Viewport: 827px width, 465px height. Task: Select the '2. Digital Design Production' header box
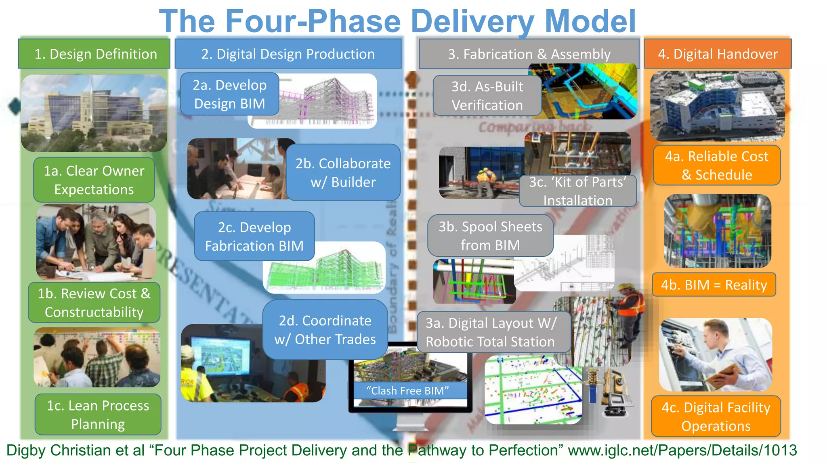pos(288,54)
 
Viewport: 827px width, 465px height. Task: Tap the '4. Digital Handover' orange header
pos(718,54)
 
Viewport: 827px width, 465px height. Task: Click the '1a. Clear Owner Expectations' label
pos(94,180)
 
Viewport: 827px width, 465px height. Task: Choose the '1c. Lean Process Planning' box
pos(98,415)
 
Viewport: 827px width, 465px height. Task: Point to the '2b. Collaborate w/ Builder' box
pos(343,173)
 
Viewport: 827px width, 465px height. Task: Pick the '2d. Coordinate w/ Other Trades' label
pos(325,330)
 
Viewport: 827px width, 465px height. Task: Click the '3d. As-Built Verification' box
pos(487,96)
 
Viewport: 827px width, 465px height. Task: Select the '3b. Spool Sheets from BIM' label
pos(490,236)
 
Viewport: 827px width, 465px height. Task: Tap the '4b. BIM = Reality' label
pos(714,285)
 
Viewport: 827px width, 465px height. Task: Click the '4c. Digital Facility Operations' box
pos(716,417)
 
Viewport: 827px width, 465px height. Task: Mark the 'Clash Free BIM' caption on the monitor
pos(407,391)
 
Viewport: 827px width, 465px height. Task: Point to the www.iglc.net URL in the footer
pos(682,450)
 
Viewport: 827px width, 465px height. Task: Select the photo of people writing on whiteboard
pos(97,358)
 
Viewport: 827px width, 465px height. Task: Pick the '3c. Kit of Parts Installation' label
pos(577,191)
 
